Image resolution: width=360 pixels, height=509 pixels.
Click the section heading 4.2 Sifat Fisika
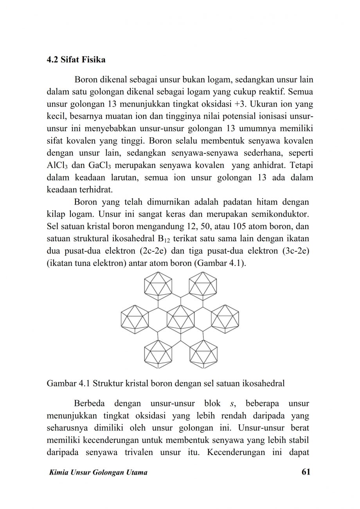click(76, 60)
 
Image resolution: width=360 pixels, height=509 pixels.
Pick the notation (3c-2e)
click(297, 250)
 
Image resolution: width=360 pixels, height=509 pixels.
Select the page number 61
click(306, 472)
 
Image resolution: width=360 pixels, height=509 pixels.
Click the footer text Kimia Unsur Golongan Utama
click(97, 473)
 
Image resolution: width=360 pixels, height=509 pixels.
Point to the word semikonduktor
click(282, 215)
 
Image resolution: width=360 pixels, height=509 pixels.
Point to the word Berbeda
click(89, 403)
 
